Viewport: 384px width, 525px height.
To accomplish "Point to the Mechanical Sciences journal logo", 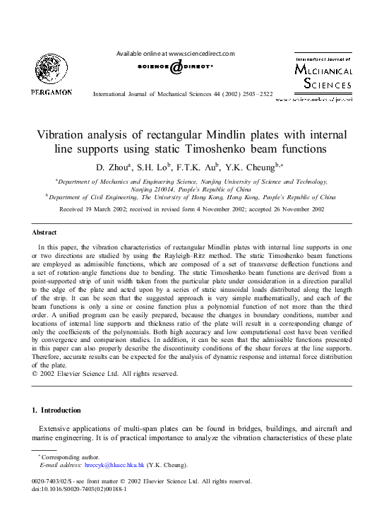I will [x=323, y=75].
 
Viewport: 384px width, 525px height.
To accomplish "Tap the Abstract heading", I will [x=44, y=232].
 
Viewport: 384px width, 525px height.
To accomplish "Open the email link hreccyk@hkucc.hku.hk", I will [x=114, y=466].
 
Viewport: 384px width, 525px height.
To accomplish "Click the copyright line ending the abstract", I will [x=105, y=374].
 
